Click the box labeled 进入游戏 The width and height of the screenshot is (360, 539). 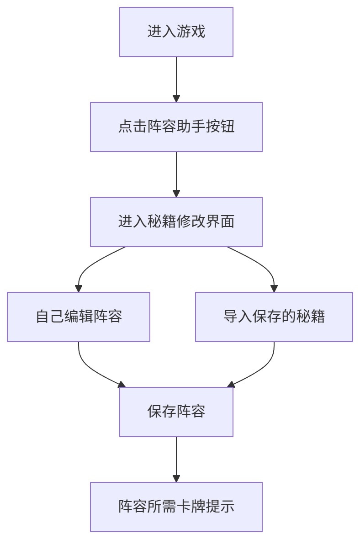(x=176, y=32)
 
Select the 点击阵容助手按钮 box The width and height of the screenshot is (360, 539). (x=176, y=127)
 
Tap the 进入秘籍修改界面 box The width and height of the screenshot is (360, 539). (x=176, y=222)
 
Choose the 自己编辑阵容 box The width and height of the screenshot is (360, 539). (x=79, y=317)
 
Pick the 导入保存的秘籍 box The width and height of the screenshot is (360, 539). (x=274, y=317)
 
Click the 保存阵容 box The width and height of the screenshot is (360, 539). (x=176, y=412)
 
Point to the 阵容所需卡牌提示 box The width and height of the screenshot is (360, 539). (x=176, y=507)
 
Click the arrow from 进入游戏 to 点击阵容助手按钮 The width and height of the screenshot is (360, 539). (x=176, y=79)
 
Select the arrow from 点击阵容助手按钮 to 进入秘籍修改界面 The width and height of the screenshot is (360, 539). (x=176, y=174)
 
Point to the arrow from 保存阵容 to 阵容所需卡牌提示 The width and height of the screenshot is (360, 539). (x=176, y=459)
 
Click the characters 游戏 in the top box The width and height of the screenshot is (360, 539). (x=191, y=32)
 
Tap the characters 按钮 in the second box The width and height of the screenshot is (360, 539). (x=220, y=127)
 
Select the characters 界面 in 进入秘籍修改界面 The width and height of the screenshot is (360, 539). (x=220, y=222)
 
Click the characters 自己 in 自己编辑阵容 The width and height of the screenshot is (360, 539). (x=50, y=317)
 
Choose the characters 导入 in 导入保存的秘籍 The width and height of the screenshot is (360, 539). (x=238, y=317)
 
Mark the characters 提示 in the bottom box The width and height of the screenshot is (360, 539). (x=220, y=507)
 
